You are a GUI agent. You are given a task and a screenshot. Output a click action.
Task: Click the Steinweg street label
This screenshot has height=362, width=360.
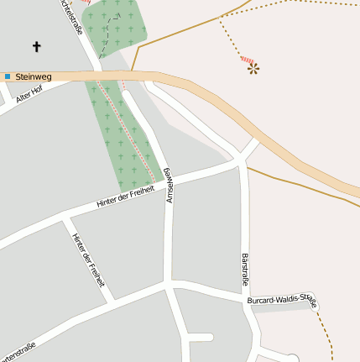point(34,76)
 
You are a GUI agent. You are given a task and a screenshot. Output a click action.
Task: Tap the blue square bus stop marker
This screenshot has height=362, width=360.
point(8,76)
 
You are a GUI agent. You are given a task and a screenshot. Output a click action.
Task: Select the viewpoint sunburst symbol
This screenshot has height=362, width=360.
point(253,68)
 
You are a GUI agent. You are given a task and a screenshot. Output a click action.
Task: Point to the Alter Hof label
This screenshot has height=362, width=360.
point(29,96)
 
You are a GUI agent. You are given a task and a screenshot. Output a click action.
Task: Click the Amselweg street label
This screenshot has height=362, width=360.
point(169,184)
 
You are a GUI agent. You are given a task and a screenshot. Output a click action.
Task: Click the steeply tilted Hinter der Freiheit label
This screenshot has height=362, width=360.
point(88,260)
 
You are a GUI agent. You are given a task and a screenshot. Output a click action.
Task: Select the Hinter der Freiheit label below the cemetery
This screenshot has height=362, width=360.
point(125,197)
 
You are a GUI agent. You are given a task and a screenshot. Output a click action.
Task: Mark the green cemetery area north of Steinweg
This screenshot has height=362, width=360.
point(117,29)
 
